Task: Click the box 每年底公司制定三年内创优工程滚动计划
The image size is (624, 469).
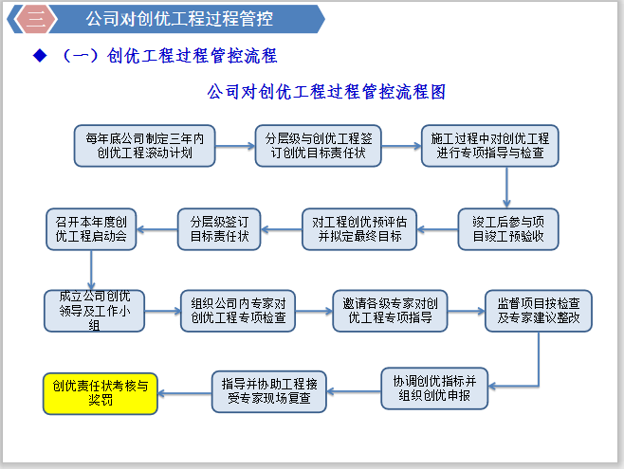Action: [x=145, y=145]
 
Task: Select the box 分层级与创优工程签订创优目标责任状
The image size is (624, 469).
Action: [x=317, y=145]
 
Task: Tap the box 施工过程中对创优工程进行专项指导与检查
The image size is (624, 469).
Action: [x=490, y=145]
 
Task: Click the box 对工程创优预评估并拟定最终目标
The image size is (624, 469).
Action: [x=358, y=229]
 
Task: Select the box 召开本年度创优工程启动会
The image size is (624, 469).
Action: [x=92, y=229]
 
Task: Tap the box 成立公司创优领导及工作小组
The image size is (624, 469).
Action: [x=94, y=310]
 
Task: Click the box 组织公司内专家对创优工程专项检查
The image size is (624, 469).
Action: [x=239, y=310]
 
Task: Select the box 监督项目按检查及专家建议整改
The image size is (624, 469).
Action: [x=539, y=310]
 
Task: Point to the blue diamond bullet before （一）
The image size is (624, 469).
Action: [x=40, y=56]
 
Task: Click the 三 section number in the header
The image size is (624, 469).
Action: [x=35, y=18]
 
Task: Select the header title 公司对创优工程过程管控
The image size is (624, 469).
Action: [x=178, y=18]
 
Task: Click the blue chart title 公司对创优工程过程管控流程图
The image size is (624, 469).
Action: [x=325, y=93]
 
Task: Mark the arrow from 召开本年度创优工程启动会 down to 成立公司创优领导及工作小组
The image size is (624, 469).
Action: [x=92, y=271]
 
